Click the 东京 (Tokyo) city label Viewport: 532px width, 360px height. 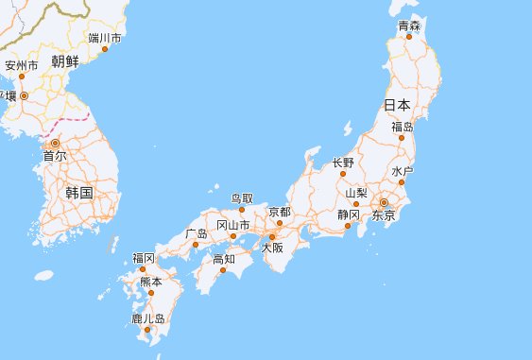point(383,216)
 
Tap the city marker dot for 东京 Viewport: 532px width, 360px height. point(385,203)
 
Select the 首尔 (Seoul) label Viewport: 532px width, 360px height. point(55,156)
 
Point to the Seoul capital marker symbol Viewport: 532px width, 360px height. point(54,143)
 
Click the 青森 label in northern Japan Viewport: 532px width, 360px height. point(409,26)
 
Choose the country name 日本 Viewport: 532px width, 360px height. point(397,104)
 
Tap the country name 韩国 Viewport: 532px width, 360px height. point(79,192)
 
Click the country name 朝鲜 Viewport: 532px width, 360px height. point(65,62)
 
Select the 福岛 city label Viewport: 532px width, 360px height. point(403,127)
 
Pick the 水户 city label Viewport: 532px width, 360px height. point(403,171)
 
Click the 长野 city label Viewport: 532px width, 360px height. point(343,163)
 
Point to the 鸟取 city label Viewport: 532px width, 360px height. point(242,198)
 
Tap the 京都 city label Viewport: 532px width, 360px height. point(280,212)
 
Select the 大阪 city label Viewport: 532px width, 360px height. point(272,248)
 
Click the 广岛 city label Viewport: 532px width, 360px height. point(197,232)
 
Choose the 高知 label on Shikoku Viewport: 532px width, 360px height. point(224,258)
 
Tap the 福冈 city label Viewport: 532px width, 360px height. point(144,257)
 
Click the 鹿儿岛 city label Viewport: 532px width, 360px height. point(147,319)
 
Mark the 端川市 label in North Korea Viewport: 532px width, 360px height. point(104,38)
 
